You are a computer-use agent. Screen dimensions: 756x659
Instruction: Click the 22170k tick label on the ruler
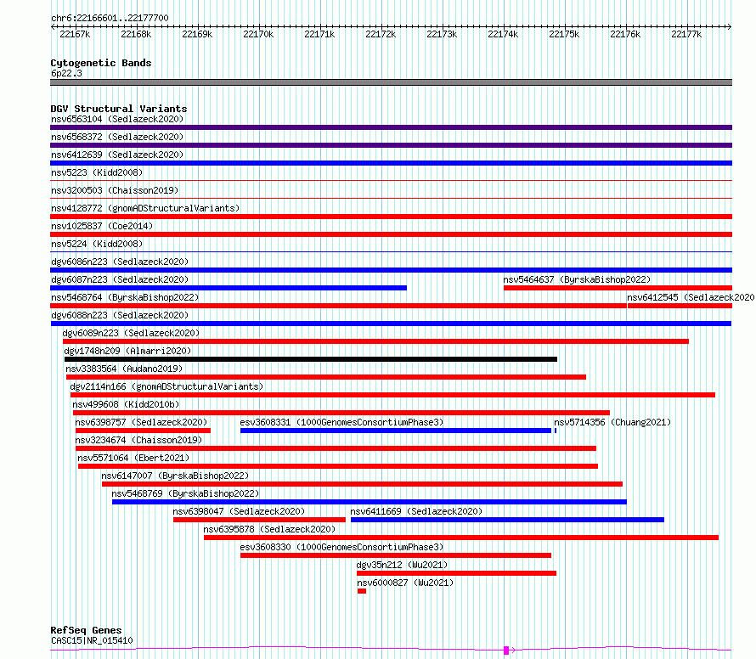coord(258,34)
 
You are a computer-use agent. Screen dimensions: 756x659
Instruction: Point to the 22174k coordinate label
coord(503,34)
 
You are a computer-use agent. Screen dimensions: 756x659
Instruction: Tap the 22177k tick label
coord(686,34)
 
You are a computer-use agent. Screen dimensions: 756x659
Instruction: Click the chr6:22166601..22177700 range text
coord(110,18)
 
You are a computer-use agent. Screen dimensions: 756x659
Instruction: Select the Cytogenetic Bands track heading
coord(101,63)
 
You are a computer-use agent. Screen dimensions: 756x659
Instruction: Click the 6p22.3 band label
coord(66,73)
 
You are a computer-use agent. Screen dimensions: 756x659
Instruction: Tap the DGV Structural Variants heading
coord(119,109)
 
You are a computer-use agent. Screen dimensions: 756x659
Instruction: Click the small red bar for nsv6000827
coord(362,591)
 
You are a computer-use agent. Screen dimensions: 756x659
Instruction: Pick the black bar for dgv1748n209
coord(311,359)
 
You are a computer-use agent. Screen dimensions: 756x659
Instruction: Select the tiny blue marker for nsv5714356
coord(556,431)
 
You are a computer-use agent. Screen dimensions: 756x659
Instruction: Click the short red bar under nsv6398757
coord(143,431)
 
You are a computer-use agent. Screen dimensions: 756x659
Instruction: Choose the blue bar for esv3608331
coord(396,431)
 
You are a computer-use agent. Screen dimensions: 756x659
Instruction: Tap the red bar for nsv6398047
coord(259,520)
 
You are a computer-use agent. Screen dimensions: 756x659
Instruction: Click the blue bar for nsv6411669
coord(507,520)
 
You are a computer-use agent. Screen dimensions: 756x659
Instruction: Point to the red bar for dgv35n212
coord(457,573)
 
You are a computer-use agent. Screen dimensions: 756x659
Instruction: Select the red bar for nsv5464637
coord(618,288)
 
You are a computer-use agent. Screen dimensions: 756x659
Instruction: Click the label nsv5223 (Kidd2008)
coord(97,172)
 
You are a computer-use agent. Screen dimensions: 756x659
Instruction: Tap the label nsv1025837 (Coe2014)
coord(102,226)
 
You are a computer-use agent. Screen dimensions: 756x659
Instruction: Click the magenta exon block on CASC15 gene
coord(506,651)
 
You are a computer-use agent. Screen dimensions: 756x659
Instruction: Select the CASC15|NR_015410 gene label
coord(92,640)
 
